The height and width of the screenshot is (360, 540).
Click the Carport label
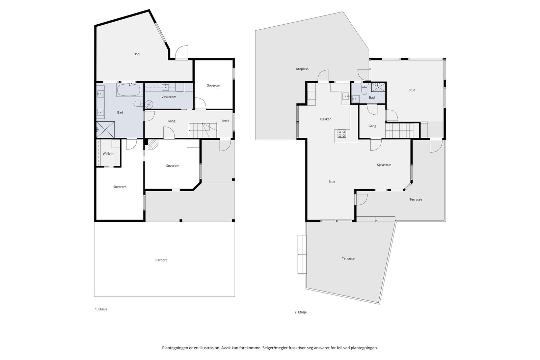[x=161, y=260]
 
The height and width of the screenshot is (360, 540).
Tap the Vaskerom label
[x=169, y=97]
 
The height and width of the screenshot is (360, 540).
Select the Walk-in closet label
[x=108, y=154]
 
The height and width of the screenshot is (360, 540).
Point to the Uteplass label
[x=302, y=69]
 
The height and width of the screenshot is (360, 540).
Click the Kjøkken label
[x=325, y=119]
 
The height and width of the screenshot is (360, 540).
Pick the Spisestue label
[x=384, y=165]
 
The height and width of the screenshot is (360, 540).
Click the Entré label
[x=225, y=121]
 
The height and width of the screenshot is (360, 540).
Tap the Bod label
[x=136, y=54]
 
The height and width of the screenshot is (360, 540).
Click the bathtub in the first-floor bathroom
[x=129, y=90]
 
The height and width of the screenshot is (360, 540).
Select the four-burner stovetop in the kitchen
[x=342, y=134]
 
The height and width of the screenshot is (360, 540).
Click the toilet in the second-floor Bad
[x=364, y=90]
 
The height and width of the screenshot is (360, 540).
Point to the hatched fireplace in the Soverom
[x=153, y=144]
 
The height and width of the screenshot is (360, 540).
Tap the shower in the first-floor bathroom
[x=105, y=130]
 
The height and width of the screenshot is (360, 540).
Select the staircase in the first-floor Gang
[x=203, y=130]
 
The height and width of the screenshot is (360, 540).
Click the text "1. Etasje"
[x=101, y=309]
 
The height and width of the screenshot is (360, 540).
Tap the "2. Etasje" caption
[x=301, y=312]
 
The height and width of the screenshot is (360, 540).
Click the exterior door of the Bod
[x=182, y=52]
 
